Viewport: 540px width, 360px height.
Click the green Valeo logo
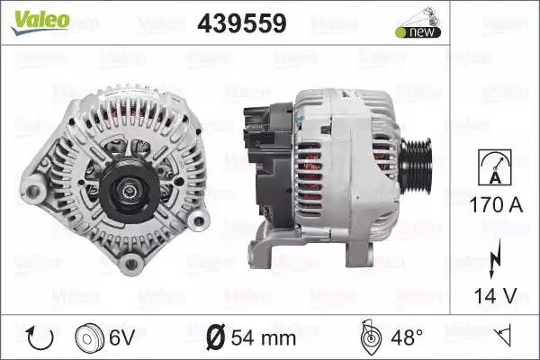(40, 22)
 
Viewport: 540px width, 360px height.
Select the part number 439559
(242, 23)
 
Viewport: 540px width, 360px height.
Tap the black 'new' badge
(418, 32)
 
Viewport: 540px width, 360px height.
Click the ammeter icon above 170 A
(495, 167)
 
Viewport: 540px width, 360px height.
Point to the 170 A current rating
(496, 205)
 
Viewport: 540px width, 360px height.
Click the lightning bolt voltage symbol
(495, 258)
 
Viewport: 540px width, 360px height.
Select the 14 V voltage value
(496, 296)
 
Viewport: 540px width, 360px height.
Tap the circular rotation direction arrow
(40, 338)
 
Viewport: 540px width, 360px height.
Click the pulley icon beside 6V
(89, 338)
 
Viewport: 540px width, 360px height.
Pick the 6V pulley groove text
(121, 337)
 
